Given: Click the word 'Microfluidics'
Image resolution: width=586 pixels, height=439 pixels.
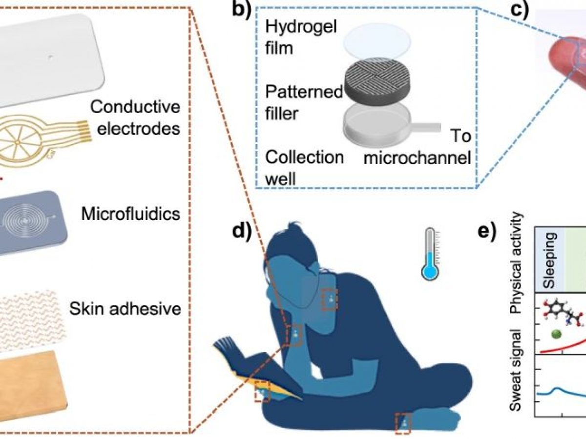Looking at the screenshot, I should [x=131, y=214].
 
